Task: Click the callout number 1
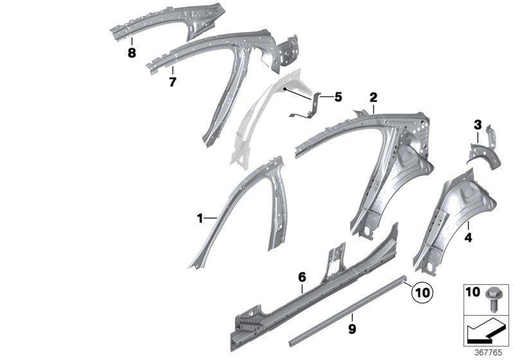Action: coord(199,219)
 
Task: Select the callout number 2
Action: coord(373,98)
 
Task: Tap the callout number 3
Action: coord(477,123)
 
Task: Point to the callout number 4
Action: coord(468,238)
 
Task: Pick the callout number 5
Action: coord(338,98)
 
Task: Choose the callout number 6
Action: coord(301,277)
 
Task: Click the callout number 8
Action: coord(132,53)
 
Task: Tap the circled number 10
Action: coord(419,292)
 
